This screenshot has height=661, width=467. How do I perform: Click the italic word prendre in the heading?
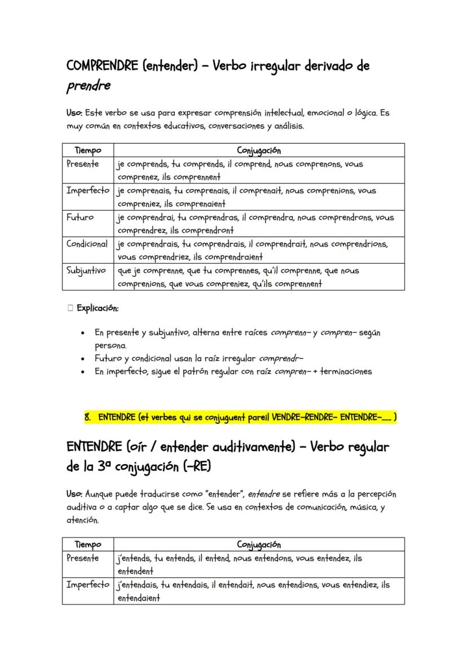point(88,86)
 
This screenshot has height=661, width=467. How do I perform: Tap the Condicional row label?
point(87,244)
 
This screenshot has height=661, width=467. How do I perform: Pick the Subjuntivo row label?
point(86,270)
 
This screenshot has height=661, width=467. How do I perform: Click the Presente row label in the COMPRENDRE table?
point(83,164)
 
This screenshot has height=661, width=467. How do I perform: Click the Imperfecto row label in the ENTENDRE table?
point(88,585)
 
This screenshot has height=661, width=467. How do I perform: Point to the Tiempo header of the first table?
point(88,150)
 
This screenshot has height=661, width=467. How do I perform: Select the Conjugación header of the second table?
point(259,545)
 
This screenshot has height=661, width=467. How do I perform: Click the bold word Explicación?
point(98,308)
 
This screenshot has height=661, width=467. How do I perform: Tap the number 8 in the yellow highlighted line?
point(87,418)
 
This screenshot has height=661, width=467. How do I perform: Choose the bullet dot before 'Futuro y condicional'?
point(83,358)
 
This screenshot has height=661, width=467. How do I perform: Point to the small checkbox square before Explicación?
point(70,308)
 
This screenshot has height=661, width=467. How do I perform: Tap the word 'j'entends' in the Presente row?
point(133,558)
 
